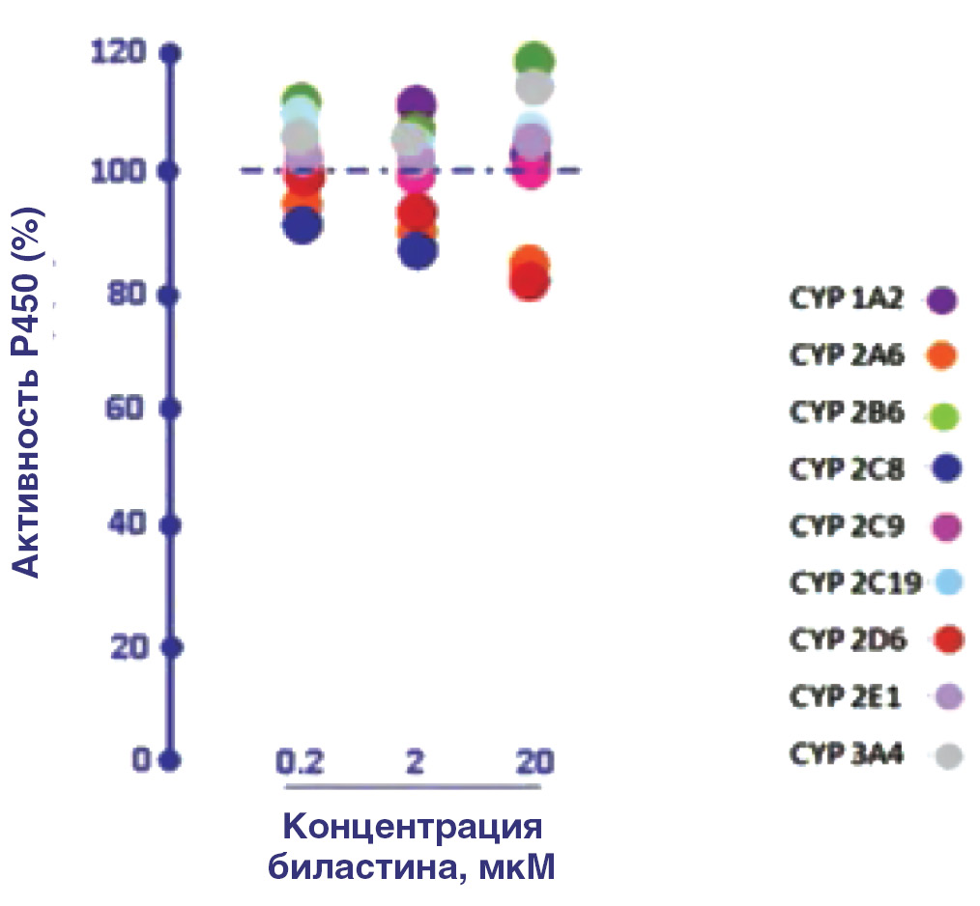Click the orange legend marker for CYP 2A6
click(940, 356)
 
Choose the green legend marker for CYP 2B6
click(940, 414)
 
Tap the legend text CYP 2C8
click(846, 470)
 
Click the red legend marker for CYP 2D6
click(940, 639)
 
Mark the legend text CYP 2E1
click(846, 697)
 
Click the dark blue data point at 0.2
click(303, 225)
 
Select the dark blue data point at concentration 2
click(418, 251)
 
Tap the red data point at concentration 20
click(531, 282)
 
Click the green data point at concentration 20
click(533, 61)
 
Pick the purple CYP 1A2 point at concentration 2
click(416, 102)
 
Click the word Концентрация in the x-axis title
click(413, 828)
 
